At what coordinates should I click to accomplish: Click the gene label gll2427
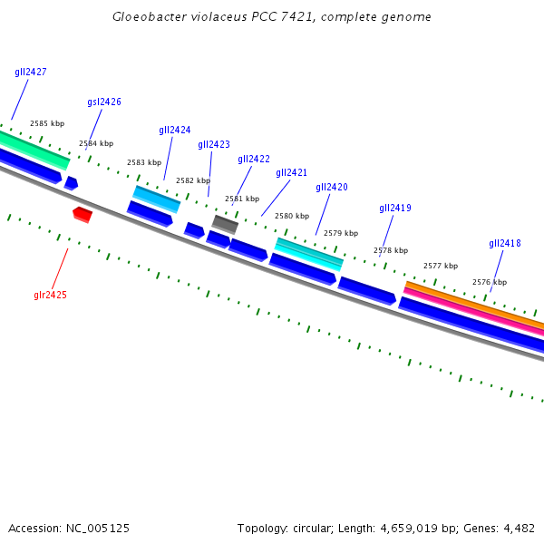click(31, 72)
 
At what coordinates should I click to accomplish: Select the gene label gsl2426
click(104, 102)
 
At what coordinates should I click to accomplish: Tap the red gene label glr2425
click(51, 295)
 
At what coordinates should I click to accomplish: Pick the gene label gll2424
click(175, 130)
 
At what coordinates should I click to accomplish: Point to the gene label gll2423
click(214, 144)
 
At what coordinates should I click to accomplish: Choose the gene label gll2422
click(254, 159)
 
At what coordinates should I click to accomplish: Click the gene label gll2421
click(292, 172)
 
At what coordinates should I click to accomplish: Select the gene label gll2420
click(332, 187)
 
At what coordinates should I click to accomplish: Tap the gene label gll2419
click(395, 208)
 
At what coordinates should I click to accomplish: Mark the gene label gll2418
click(505, 243)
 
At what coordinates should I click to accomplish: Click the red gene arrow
click(83, 214)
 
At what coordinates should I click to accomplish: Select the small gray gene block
click(225, 223)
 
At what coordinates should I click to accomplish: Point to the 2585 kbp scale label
click(47, 123)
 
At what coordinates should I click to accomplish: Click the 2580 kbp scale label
click(292, 216)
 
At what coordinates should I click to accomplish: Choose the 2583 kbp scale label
click(144, 162)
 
